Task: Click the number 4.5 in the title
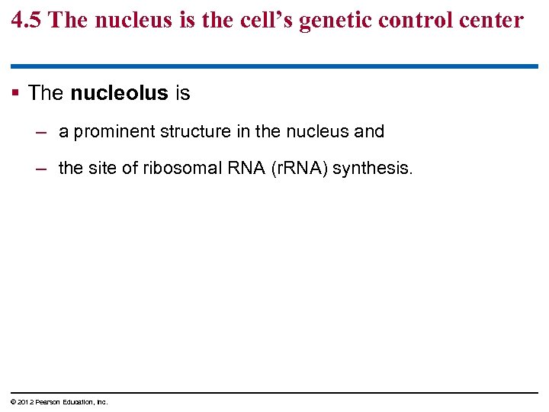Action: (27, 20)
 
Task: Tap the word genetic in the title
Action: (339, 20)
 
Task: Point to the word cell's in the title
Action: (265, 20)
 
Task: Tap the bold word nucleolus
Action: (119, 94)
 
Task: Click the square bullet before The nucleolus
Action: (17, 94)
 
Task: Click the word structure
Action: (196, 131)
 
